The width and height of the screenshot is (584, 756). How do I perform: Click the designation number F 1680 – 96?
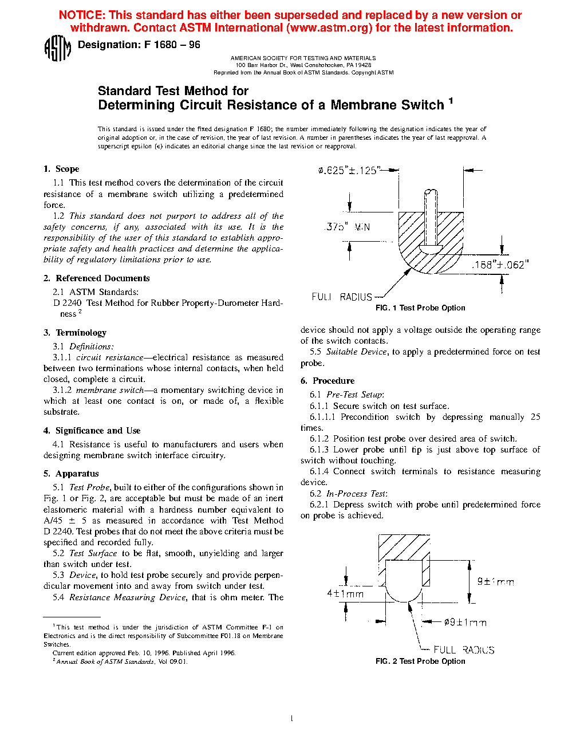[172, 45]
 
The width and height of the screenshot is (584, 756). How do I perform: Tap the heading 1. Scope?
[61, 169]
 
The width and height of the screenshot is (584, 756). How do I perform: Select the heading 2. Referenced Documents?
[97, 278]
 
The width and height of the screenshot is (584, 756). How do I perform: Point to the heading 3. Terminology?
[75, 333]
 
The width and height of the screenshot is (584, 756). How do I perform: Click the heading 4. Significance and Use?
[92, 431]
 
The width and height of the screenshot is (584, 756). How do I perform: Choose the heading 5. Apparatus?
[71, 474]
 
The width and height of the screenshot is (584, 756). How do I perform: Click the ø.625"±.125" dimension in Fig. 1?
[349, 170]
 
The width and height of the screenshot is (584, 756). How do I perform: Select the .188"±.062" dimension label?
[500, 265]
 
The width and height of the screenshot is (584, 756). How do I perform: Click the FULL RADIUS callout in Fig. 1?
[342, 297]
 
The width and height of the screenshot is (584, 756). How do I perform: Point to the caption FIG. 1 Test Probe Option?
[420, 308]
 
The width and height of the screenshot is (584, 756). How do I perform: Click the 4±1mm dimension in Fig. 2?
[345, 594]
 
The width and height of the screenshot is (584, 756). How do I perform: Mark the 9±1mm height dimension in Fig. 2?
[496, 582]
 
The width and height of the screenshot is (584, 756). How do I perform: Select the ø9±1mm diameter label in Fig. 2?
[465, 623]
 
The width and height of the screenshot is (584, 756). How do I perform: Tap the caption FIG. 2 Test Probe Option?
[420, 661]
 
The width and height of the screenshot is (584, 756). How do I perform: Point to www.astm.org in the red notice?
[327, 27]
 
